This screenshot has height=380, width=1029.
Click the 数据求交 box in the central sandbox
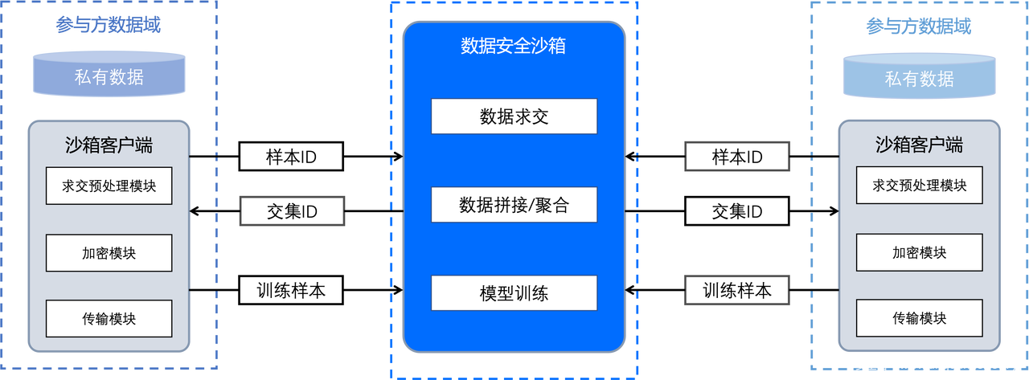click(514, 116)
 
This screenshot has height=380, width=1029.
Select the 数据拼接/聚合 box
click(514, 205)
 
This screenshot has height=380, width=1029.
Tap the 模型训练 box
click(514, 293)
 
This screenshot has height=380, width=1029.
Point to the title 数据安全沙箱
click(513, 46)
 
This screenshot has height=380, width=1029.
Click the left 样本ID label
click(291, 157)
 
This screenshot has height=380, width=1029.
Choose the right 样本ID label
click(737, 157)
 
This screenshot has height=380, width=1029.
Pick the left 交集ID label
click(292, 211)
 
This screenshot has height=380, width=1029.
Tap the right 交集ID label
click(737, 211)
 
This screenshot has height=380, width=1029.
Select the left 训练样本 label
click(291, 290)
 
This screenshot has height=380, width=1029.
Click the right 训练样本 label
click(736, 290)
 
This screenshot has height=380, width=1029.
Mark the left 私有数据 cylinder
click(109, 76)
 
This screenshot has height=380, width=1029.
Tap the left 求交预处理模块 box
click(109, 186)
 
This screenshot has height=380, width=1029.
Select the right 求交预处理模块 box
click(919, 186)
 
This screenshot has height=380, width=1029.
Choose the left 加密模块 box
click(109, 253)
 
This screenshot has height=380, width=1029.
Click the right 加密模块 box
click(919, 253)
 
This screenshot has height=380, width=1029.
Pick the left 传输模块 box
click(109, 319)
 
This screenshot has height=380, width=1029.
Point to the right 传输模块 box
click(919, 319)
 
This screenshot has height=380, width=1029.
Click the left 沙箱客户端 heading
click(109, 145)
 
